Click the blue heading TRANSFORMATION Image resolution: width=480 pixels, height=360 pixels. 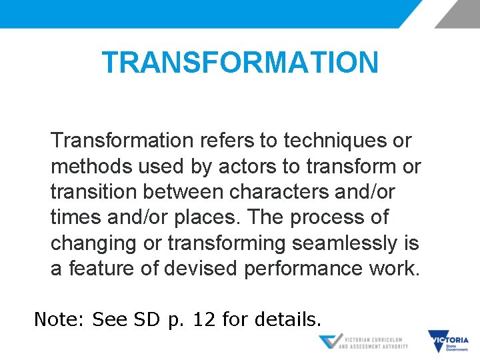click(240, 63)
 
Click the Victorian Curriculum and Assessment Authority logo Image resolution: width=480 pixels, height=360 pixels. click(363, 342)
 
